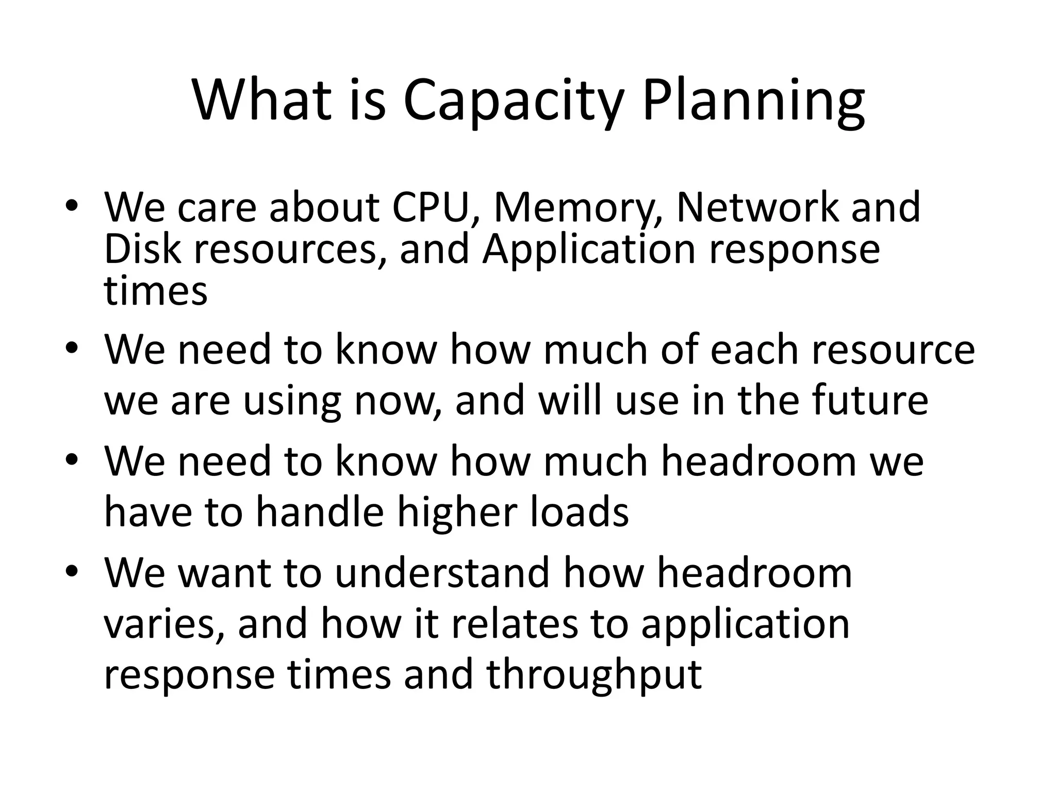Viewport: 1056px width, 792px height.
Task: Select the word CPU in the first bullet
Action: (437, 207)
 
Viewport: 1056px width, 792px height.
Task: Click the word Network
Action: (757, 207)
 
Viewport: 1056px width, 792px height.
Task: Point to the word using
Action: (292, 401)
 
